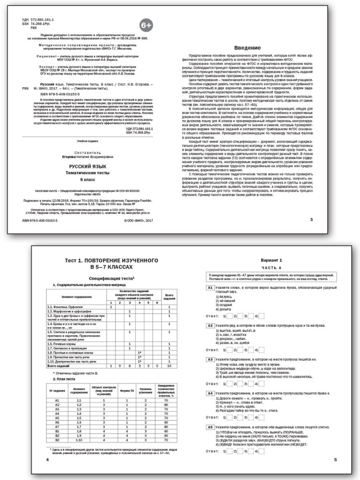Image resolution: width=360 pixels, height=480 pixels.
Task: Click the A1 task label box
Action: tap(210, 287)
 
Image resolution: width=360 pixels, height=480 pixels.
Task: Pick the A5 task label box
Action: tap(210, 427)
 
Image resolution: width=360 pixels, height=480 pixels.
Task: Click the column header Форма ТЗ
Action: tap(127, 390)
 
